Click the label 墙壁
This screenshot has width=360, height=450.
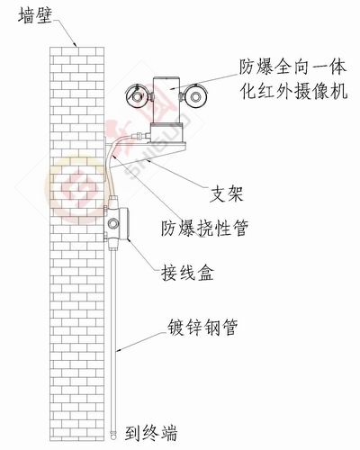pyautogui.click(x=35, y=15)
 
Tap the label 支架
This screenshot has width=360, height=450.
pyautogui.click(x=227, y=193)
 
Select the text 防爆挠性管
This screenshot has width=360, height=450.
pyautogui.click(x=205, y=229)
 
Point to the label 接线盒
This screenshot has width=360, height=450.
pyautogui.click(x=188, y=273)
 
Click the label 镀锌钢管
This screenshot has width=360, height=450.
pyautogui.click(x=202, y=327)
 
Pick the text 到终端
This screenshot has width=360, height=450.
pyautogui.click(x=151, y=433)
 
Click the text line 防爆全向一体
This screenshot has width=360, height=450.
pyautogui.click(x=292, y=67)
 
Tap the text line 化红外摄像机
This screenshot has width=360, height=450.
pyautogui.click(x=294, y=91)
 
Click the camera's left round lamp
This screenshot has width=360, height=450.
pyautogui.click(x=137, y=95)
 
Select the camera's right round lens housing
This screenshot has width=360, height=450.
pyautogui.click(x=195, y=96)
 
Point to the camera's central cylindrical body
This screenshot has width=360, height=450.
pyautogui.click(x=167, y=100)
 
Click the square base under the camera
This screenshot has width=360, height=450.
pyautogui.click(x=166, y=132)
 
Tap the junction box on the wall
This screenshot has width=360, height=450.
pyautogui.click(x=116, y=222)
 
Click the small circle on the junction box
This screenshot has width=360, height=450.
pyautogui.click(x=113, y=223)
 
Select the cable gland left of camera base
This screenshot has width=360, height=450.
pyautogui.click(x=141, y=136)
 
